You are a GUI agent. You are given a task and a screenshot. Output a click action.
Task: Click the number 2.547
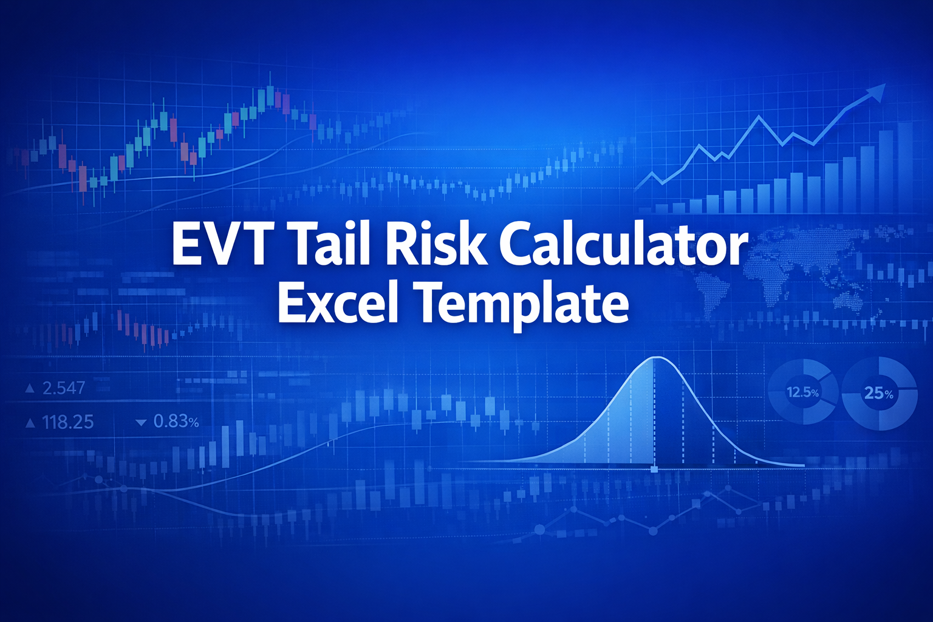[64, 388]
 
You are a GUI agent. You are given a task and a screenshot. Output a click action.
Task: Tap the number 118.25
[68, 422]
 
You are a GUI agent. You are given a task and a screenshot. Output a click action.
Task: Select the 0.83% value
[176, 421]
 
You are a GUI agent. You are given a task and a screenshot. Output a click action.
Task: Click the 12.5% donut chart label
[802, 392]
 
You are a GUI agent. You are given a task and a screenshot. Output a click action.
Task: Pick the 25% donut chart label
[879, 394]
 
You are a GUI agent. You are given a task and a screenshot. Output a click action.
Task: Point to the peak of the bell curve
[655, 358]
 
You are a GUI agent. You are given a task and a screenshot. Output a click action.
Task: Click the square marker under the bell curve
[654, 469]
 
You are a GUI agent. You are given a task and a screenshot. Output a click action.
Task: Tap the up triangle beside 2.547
[29, 388]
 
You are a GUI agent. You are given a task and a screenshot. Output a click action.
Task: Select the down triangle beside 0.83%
[142, 422]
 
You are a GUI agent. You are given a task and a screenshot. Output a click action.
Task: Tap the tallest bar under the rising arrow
[904, 167]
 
